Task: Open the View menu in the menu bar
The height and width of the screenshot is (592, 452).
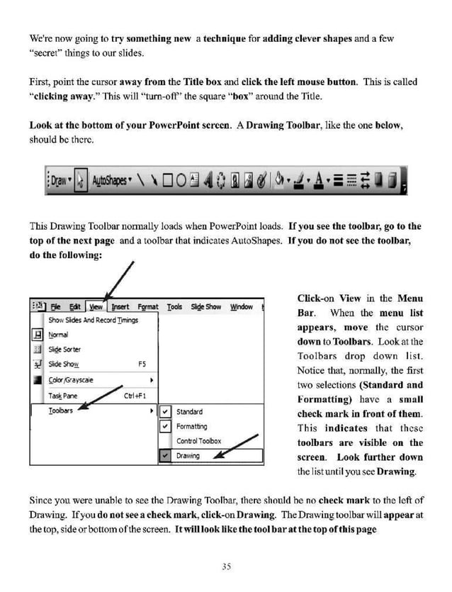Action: point(96,307)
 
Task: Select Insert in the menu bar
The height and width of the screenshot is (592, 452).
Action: point(120,307)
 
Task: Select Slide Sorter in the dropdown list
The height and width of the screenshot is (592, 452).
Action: point(64,350)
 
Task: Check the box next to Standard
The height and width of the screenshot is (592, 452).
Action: point(165,412)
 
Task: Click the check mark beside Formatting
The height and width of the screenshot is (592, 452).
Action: point(165,427)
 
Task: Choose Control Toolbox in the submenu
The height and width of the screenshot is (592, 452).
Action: point(198,441)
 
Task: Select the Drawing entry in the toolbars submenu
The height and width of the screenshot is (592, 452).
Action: point(188,456)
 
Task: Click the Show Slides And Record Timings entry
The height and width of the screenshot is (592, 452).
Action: point(92,320)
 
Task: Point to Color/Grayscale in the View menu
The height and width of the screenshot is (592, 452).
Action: point(71,379)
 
